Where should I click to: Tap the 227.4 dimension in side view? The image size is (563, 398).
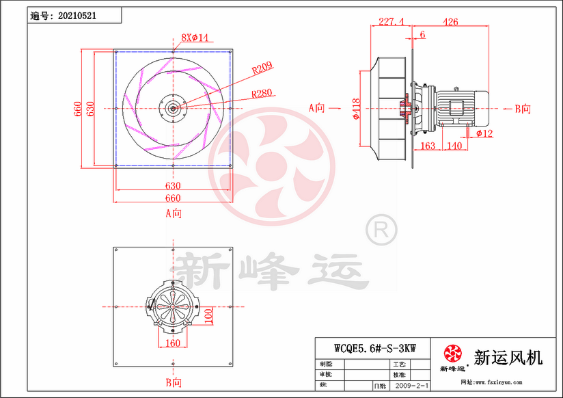391,21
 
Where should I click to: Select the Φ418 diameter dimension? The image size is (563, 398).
357,107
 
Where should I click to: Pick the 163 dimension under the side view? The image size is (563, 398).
427,146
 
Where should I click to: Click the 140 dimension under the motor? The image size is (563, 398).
453,146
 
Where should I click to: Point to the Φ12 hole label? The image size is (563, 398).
484,133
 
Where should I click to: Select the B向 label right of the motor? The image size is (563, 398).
523,108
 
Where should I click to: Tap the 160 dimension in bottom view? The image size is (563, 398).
174,343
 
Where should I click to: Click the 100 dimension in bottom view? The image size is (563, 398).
208,315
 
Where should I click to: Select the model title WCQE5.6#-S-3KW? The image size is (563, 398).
370,347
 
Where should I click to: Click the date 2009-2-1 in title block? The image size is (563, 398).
410,386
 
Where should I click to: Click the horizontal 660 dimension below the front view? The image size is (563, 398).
174,198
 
